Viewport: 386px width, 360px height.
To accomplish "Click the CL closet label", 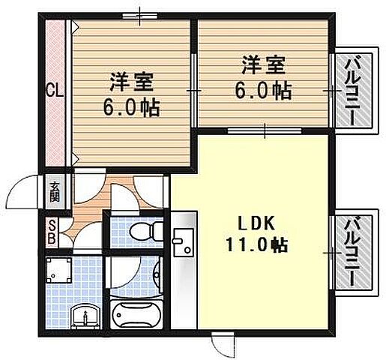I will pyautogui.click(x=55, y=92).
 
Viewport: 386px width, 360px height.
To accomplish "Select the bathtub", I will pyautogui.click(x=136, y=316).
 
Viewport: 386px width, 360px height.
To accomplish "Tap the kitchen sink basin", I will pyautogui.click(x=182, y=241).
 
